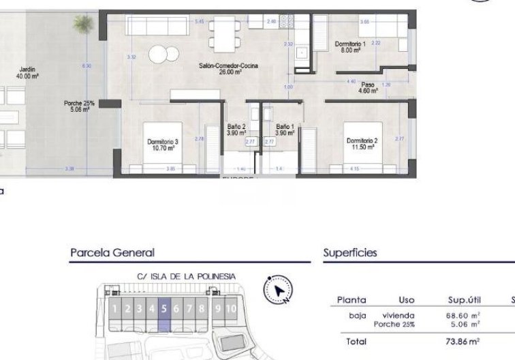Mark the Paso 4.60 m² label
coord(368,87)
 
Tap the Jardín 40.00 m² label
coord(27,72)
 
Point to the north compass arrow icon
coord(279,290)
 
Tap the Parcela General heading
coord(112,253)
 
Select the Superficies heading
coord(350,253)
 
